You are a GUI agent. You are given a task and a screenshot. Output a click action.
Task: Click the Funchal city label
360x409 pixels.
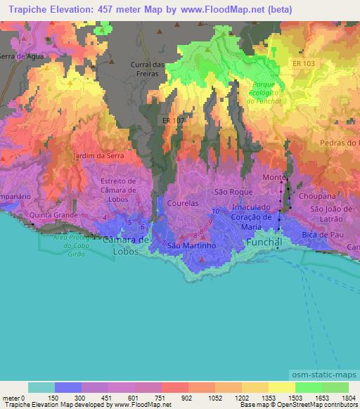[x=265, y=242]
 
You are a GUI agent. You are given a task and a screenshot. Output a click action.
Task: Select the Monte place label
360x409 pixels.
[x=274, y=178]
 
